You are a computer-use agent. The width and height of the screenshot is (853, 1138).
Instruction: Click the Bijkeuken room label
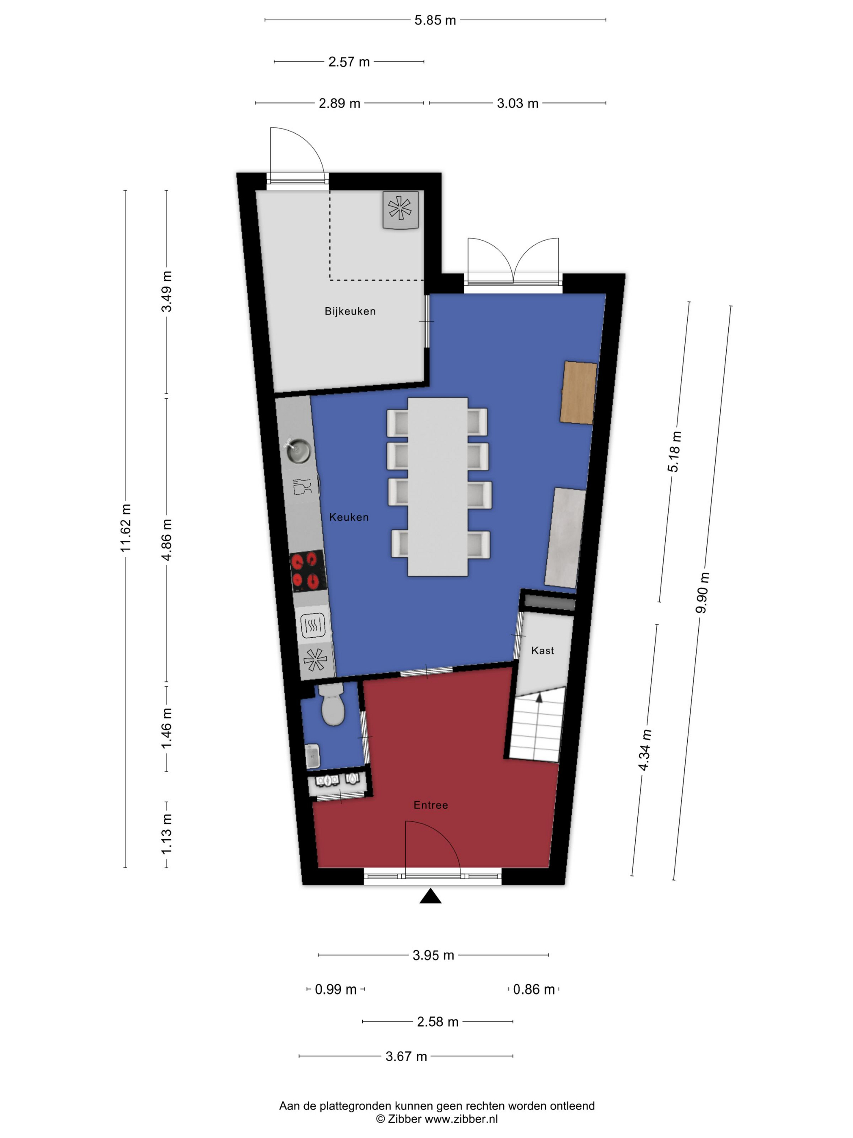(350, 311)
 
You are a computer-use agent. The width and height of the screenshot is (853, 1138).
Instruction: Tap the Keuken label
(349, 517)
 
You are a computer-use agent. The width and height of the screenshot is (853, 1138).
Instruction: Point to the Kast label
(542, 651)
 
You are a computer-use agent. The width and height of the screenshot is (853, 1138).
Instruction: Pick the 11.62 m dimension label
(126, 528)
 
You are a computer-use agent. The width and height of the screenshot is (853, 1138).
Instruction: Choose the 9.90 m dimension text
(702, 593)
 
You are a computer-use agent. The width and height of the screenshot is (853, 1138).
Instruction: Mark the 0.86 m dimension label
(534, 989)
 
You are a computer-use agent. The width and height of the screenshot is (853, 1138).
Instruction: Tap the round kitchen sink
(298, 451)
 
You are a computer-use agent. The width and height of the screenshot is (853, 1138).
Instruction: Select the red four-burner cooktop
(308, 571)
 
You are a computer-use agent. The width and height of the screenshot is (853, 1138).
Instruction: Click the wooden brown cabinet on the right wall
(578, 393)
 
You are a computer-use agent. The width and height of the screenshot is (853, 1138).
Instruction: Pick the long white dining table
(437, 486)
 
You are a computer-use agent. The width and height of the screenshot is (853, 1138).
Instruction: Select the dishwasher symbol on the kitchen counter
(302, 486)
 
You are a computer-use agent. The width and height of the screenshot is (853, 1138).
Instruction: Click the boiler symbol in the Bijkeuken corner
(401, 209)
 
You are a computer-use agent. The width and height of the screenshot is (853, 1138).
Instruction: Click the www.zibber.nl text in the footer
(461, 1119)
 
